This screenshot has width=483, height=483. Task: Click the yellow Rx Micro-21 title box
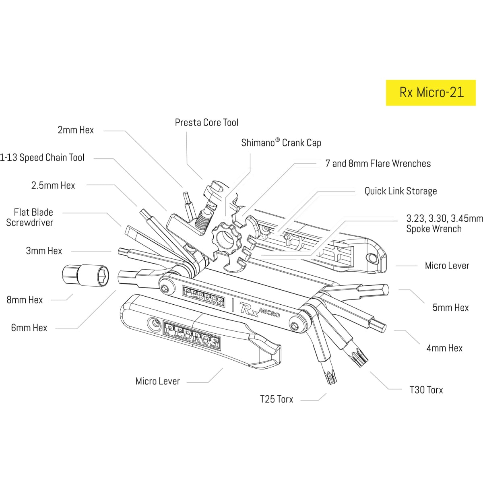[x=431, y=93]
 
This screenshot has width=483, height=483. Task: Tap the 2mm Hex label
[x=75, y=130]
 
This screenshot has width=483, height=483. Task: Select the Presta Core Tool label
[x=206, y=122]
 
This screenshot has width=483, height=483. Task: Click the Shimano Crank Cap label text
[x=281, y=142]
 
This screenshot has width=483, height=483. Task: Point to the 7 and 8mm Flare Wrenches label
[x=378, y=163]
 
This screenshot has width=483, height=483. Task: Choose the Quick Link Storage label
[x=400, y=191]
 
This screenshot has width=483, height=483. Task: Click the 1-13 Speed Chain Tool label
[x=42, y=157]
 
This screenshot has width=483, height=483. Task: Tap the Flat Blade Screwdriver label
[x=30, y=217]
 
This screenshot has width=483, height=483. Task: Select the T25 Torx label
[x=277, y=399]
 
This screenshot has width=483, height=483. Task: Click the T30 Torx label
[x=426, y=390]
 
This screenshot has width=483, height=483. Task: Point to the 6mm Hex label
[x=29, y=328]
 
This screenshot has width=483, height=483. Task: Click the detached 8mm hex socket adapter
[x=85, y=276]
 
